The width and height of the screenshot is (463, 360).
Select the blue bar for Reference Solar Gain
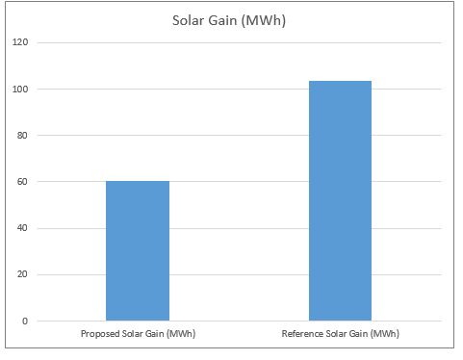[340, 202]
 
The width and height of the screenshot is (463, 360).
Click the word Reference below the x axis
[303, 334]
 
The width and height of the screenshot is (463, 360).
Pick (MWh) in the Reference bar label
[384, 334]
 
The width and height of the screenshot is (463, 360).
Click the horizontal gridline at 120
[241, 43]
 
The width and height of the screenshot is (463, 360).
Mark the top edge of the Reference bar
[340, 82]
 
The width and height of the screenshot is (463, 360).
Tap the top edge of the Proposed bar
[138, 181]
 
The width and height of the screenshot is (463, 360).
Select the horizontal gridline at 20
[241, 274]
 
